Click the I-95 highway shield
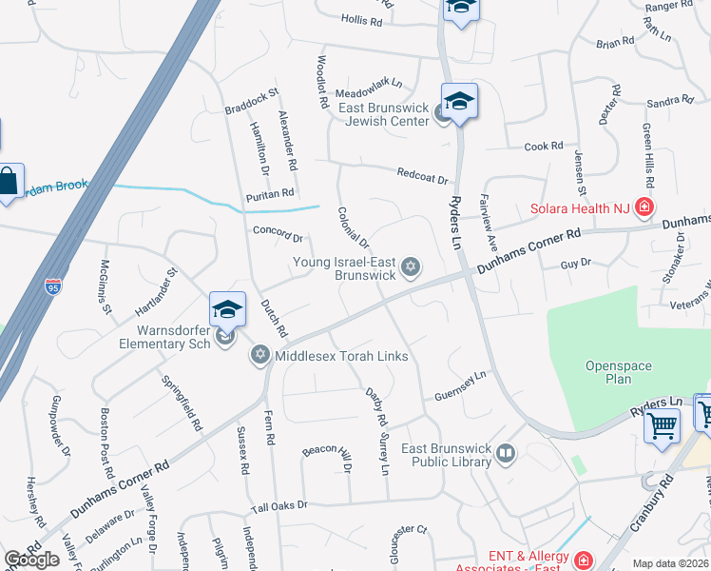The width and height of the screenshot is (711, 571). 53,285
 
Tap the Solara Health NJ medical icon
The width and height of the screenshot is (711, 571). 644,207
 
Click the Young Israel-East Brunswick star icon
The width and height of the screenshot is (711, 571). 411,266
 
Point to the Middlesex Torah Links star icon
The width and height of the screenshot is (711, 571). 259,356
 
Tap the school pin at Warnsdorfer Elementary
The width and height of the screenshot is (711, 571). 227,310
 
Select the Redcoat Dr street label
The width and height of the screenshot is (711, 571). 423,176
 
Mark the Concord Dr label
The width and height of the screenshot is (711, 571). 278,233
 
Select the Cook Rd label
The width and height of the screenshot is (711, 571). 544,147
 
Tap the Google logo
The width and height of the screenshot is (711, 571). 31,560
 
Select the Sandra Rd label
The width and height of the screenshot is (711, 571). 670,101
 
